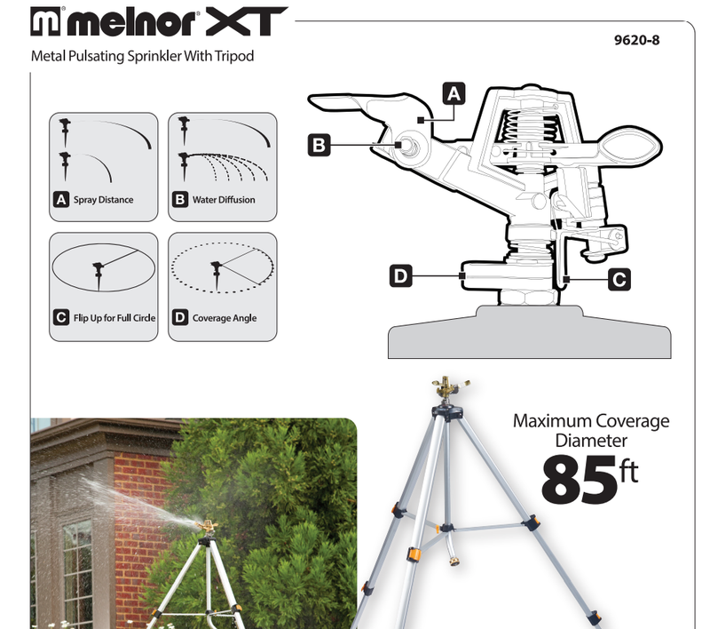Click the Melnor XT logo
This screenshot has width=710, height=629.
[x=159, y=22]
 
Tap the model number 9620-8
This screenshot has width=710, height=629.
[x=638, y=39]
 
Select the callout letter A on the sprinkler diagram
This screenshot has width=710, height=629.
[x=454, y=92]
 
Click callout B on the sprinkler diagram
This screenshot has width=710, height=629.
[x=319, y=144]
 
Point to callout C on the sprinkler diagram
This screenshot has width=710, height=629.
[x=619, y=279]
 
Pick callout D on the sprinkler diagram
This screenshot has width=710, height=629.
[x=401, y=277]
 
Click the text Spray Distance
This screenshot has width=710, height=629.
[x=103, y=200]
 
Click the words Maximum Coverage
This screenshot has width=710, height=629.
[x=591, y=420]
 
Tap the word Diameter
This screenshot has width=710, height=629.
[x=591, y=440]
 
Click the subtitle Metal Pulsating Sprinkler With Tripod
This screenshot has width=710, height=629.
[x=142, y=56]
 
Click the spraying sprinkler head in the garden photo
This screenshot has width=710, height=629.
[x=209, y=528]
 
